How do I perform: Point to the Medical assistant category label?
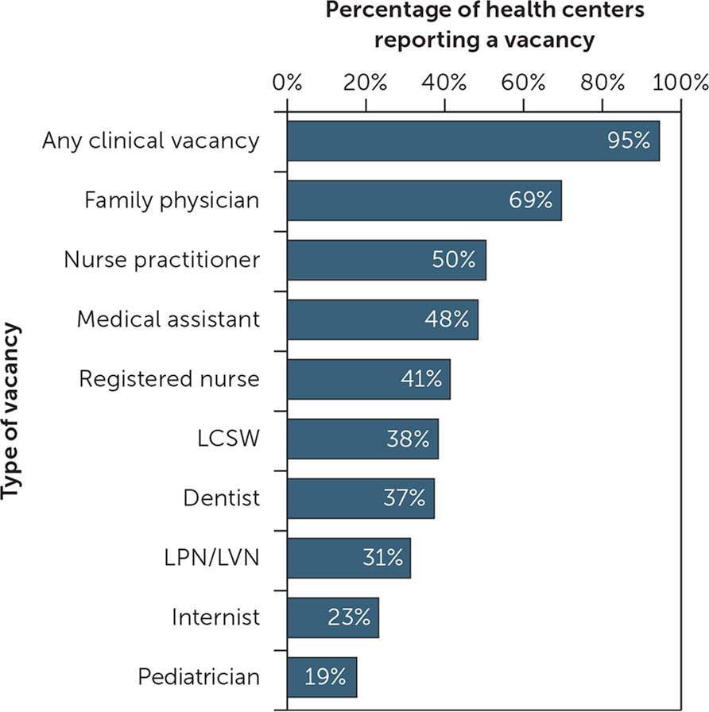click(x=168, y=319)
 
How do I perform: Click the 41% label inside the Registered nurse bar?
click(x=420, y=379)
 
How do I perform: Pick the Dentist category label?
click(x=221, y=498)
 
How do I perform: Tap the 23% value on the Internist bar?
click(x=349, y=617)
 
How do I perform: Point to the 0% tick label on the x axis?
click(x=287, y=83)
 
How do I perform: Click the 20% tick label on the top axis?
click(x=366, y=83)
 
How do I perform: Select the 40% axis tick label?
click(x=445, y=83)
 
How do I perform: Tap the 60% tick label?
click(x=524, y=83)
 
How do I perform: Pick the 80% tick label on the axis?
click(x=602, y=83)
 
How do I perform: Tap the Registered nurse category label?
click(x=169, y=379)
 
